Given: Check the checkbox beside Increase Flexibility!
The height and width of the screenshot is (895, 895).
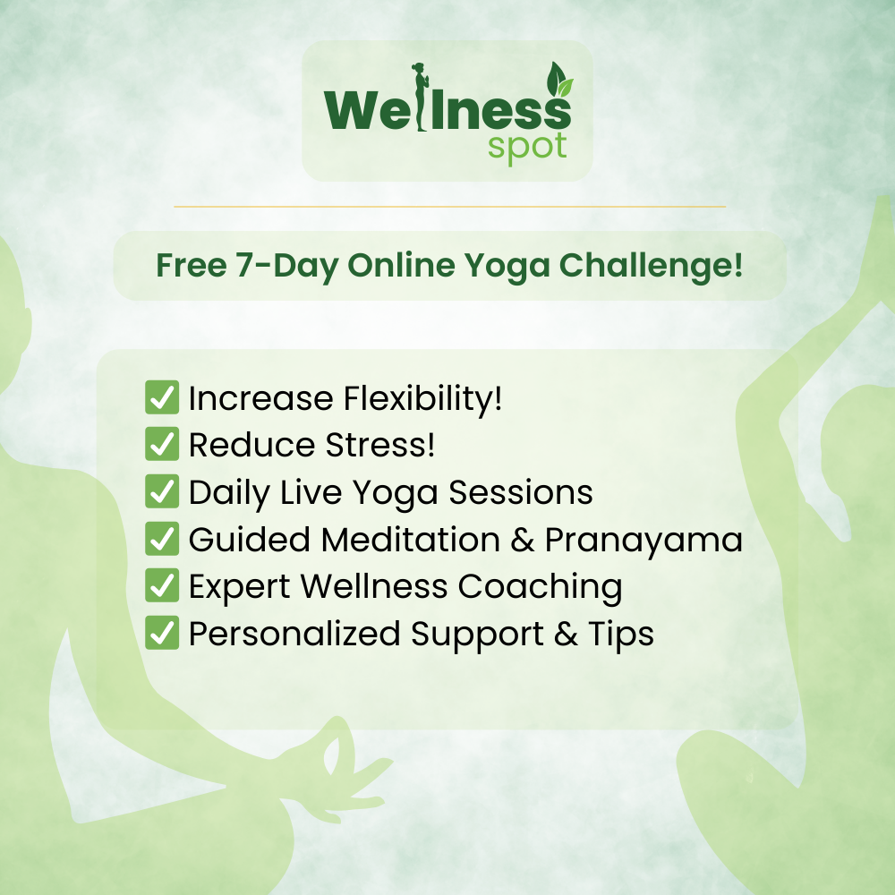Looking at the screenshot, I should pos(162,398).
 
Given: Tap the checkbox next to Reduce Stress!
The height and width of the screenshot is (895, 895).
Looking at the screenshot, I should pos(162,445).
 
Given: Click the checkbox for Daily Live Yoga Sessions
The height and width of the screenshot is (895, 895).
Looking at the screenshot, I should pos(162,492).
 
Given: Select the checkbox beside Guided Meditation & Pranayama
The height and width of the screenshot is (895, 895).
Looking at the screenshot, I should pos(162,539).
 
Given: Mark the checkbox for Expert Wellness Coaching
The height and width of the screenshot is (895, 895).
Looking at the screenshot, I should pos(162,586).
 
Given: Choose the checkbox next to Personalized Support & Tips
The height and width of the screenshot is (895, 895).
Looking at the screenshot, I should pos(162,633).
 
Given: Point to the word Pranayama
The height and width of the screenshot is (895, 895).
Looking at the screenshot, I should pos(644,540).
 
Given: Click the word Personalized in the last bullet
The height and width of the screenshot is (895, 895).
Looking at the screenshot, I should pos(294,634).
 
